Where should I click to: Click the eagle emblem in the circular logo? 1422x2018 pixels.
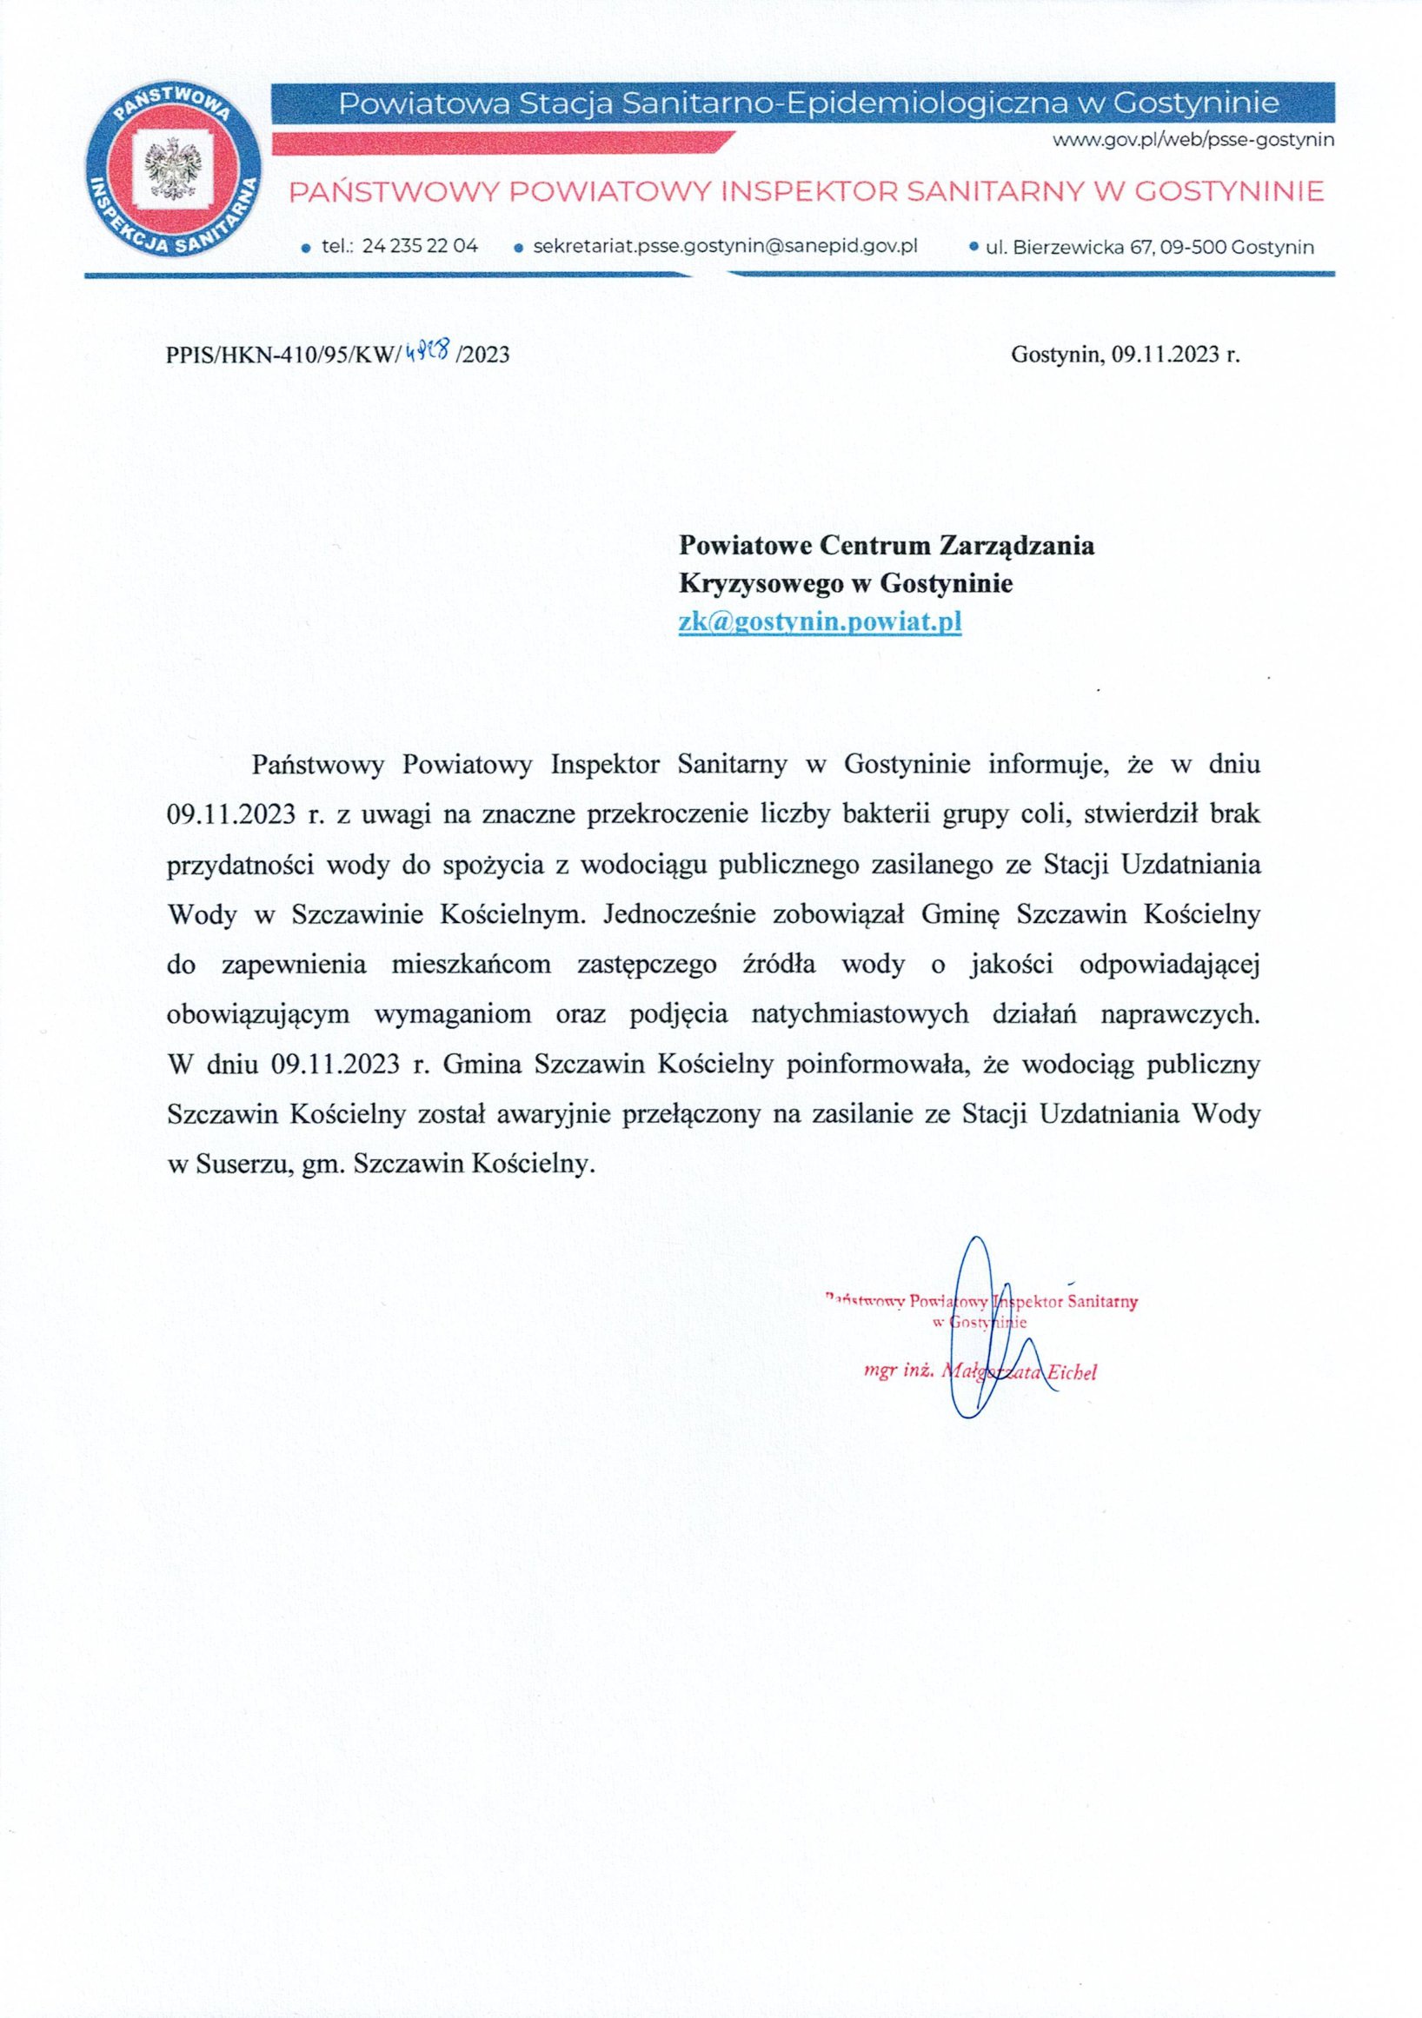pyautogui.click(x=172, y=169)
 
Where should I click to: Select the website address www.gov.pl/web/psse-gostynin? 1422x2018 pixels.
pyautogui.click(x=1193, y=140)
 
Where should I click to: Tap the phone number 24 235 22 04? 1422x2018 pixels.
pyautogui.click(x=419, y=246)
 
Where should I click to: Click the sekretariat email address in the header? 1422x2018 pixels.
pyautogui.click(x=725, y=246)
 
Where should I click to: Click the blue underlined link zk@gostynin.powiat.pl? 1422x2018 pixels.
pyautogui.click(x=819, y=622)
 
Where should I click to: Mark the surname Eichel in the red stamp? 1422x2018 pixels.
pyautogui.click(x=1070, y=1373)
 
